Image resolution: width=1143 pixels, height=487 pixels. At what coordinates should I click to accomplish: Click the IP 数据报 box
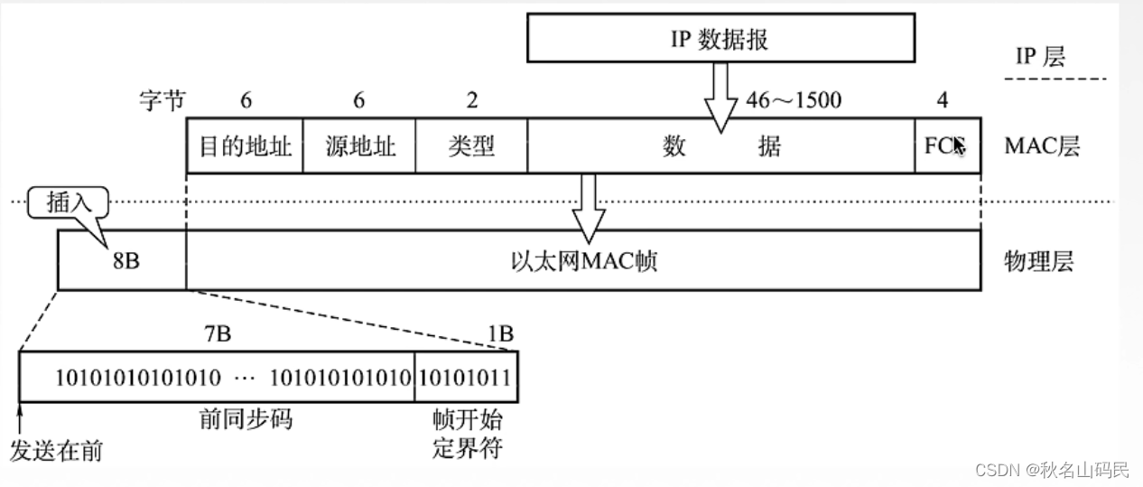coord(720,41)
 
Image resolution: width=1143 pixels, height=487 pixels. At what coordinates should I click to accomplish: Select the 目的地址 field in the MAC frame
coord(245,145)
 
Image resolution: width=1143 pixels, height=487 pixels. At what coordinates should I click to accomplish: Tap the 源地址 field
coord(359,145)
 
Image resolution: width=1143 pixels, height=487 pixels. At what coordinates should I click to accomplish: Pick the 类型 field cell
coord(470,145)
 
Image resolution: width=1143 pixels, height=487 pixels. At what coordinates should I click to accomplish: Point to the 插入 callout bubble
coord(68,201)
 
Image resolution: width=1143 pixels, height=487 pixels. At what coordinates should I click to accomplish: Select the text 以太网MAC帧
coord(582,262)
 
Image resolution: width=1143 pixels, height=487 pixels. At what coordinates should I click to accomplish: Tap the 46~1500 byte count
coord(793,99)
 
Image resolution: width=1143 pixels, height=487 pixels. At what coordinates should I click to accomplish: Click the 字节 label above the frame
coord(162,100)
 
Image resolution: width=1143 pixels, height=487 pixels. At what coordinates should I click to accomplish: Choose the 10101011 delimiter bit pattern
coord(466,377)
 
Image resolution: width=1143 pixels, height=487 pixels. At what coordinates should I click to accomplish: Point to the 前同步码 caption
coord(246,419)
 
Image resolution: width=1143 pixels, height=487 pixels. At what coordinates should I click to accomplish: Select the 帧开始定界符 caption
coord(467,433)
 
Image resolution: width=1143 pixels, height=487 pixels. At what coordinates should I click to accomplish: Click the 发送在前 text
coord(55,450)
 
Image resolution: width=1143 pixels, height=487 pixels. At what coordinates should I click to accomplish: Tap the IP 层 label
coord(1040,56)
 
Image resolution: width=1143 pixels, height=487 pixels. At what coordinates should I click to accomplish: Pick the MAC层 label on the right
coord(1042,145)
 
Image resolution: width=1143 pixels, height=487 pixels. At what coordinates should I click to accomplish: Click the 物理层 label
coord(1039,262)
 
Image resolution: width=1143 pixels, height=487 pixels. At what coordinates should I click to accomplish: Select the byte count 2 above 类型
coord(471,100)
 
